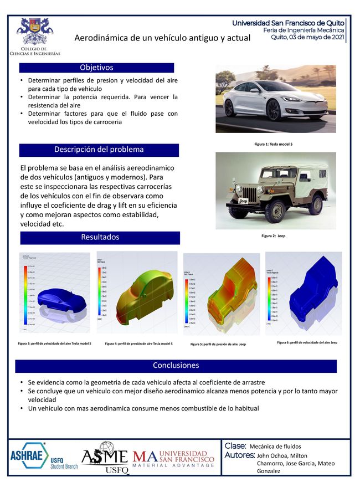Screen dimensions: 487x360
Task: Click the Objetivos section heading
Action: pos(96,68)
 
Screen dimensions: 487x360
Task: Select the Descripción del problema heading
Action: pos(99,150)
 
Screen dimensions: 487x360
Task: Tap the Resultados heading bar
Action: pos(100,237)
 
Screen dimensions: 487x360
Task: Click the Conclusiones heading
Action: pos(176,366)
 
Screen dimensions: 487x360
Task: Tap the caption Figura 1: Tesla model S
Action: pos(273,144)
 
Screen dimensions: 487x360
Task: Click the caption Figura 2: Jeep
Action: pos(272,236)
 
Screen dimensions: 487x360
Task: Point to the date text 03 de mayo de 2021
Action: pos(316,37)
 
